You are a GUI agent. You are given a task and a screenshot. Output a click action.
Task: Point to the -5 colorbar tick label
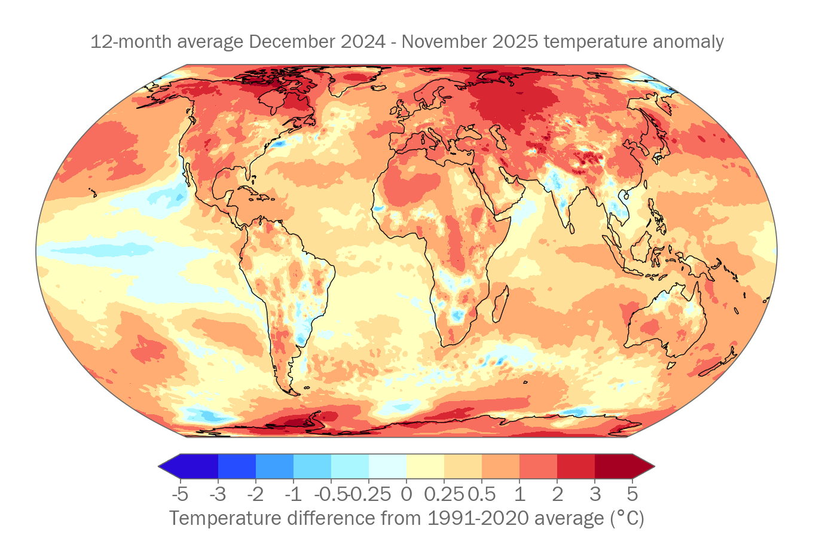pyautogui.click(x=180, y=494)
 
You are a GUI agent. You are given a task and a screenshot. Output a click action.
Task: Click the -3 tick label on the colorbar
pyautogui.click(x=218, y=494)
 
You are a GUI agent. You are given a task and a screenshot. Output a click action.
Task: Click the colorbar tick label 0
pyautogui.click(x=406, y=494)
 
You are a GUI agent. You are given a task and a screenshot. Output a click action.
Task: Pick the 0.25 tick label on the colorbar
pyautogui.click(x=444, y=494)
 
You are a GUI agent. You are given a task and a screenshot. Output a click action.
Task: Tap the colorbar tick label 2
pyautogui.click(x=557, y=494)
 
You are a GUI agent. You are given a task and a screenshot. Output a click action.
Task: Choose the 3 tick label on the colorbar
pyautogui.click(x=595, y=494)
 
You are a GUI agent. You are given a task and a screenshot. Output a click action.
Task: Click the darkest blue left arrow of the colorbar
pyautogui.click(x=170, y=466)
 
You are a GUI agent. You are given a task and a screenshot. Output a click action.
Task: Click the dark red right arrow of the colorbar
pyautogui.click(x=643, y=466)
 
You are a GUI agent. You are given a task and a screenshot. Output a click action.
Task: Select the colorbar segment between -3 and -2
pyautogui.click(x=237, y=466)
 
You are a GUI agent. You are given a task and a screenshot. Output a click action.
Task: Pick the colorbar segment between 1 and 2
pyautogui.click(x=538, y=466)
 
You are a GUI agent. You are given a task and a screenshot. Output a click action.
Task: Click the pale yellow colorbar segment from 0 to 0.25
pyautogui.click(x=425, y=466)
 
